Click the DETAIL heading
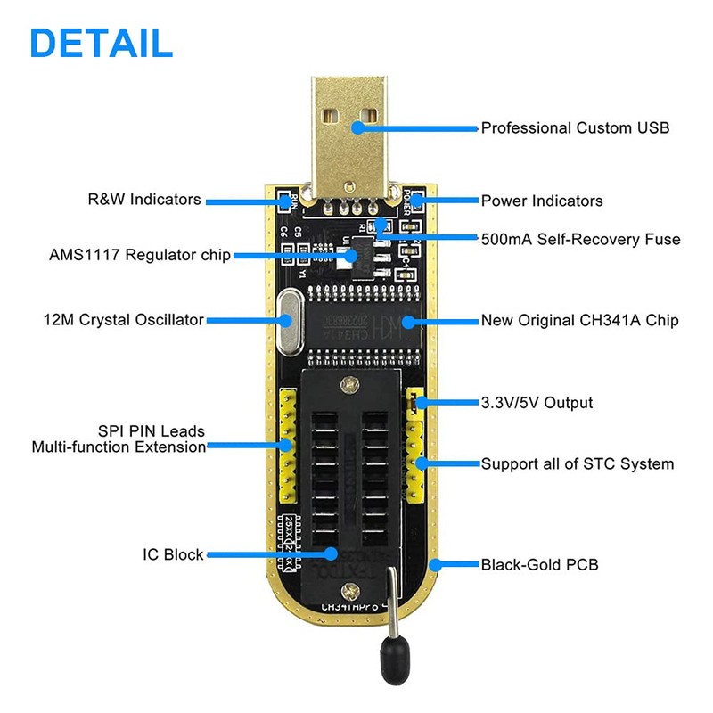coord(101,42)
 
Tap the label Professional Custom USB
coord(575,127)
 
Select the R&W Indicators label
coord(143,200)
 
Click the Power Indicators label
coord(542,201)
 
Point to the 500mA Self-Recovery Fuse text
coord(580,239)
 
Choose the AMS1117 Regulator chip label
coord(140,256)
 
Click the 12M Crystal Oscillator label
coord(123,319)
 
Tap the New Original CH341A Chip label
coord(580,319)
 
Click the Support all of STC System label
coord(578,463)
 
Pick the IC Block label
coord(173,554)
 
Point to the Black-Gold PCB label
coord(539,564)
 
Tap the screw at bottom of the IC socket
coord(355,589)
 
